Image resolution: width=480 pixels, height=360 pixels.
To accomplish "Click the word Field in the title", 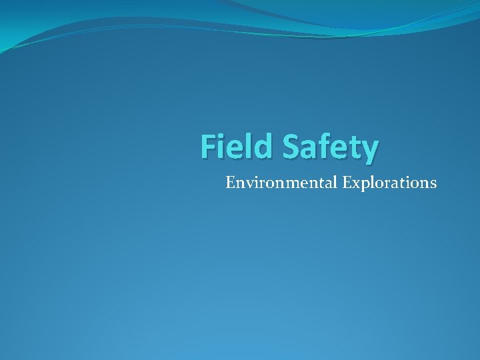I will (237, 146).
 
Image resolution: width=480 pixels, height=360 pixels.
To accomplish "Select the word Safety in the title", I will (330, 147).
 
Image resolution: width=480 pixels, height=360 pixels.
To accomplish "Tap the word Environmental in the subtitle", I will (282, 182).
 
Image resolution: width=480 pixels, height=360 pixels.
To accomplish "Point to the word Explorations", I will (390, 183).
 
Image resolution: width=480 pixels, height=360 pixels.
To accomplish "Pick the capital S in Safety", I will (292, 146).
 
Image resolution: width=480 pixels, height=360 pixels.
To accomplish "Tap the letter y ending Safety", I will (369, 150).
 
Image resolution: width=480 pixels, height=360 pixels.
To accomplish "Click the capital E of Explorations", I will (347, 182).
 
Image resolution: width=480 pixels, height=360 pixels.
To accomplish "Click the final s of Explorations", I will (433, 183).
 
